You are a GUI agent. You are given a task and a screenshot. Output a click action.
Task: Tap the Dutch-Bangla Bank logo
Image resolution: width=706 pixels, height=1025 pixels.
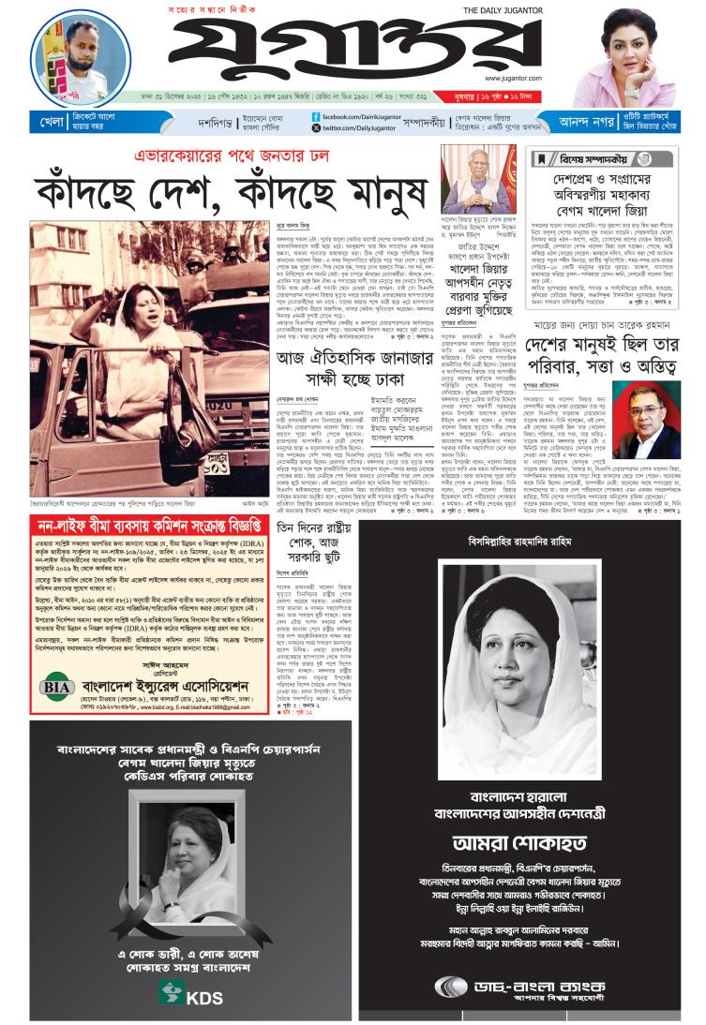coord(520,988)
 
